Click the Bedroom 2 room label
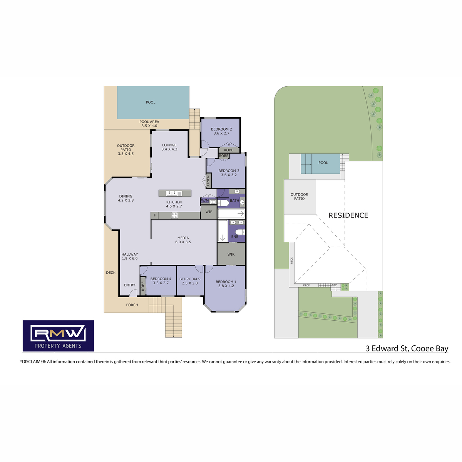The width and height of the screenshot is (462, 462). [221, 129]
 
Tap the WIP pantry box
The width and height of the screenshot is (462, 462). [209, 212]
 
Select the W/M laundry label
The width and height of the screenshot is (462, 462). [205, 201]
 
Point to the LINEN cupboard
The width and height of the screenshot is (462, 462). [208, 181]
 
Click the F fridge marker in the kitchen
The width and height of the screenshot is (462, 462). [155, 215]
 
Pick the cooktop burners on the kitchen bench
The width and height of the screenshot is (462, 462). [174, 215]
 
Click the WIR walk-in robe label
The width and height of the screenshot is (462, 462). [231, 254]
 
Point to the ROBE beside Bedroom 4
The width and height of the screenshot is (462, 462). [143, 286]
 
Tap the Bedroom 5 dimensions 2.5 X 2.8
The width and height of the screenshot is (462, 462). [190, 283]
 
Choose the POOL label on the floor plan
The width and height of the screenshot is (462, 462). [151, 102]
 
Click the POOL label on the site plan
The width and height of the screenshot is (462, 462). [323, 163]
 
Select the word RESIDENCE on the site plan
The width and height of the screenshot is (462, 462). [348, 215]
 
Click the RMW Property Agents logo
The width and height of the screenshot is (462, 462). [58, 336]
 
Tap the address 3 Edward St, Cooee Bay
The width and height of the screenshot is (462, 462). [407, 348]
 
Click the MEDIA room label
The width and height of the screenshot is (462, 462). [183, 238]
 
